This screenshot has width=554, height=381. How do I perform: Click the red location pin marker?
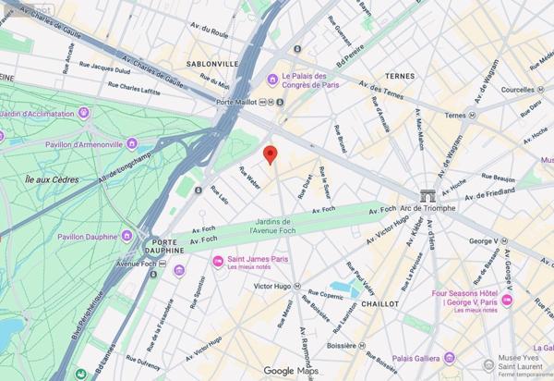[270, 154]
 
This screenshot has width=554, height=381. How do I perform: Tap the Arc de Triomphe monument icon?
[427, 195]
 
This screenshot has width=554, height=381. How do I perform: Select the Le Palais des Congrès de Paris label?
[312, 81]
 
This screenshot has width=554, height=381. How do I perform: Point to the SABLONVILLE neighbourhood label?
[212, 64]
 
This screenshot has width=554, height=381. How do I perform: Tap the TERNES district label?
[400, 76]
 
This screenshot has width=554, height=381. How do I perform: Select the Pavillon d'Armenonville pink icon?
[131, 143]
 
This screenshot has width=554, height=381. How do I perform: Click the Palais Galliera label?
[414, 358]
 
